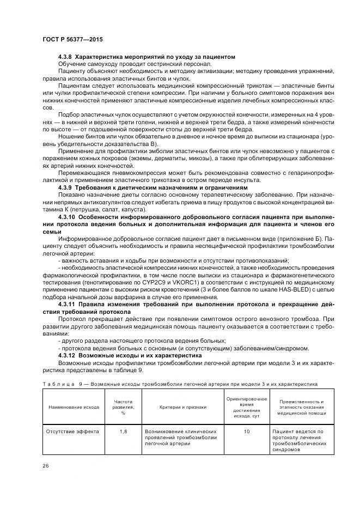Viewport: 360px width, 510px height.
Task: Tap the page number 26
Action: point(45,465)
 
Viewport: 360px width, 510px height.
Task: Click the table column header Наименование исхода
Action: point(74,406)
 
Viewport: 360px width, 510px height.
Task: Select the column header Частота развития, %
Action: point(123,406)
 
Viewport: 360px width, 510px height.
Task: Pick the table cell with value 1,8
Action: point(123,431)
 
